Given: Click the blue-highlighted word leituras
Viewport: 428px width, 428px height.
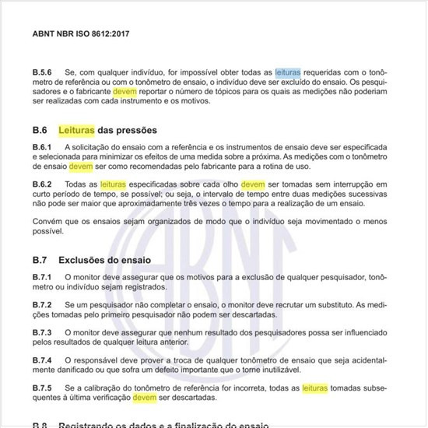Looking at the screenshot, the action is (x=289, y=92).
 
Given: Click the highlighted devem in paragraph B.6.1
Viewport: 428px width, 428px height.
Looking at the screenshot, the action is (x=81, y=166).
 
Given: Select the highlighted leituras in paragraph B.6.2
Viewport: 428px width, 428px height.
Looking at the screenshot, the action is (x=114, y=184).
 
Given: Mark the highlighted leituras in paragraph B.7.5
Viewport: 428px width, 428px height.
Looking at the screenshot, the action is (x=314, y=388).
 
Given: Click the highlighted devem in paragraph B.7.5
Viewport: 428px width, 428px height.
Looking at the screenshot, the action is (x=145, y=397).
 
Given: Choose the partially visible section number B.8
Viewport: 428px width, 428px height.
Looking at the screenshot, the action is (x=40, y=425).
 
